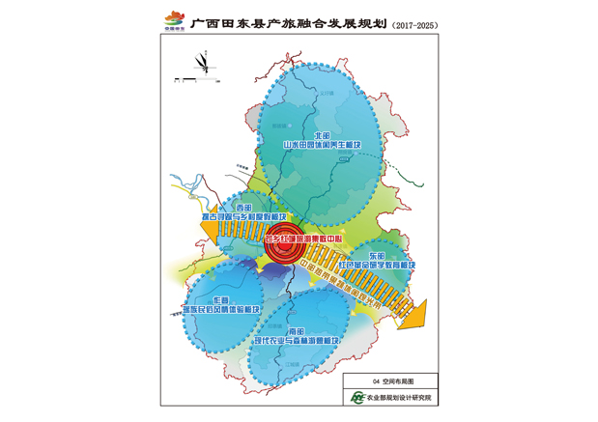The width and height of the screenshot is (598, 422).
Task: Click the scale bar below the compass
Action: tap(183, 76)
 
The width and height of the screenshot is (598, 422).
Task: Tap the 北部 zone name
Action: tap(321, 135)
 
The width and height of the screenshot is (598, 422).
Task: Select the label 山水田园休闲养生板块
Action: tap(321, 146)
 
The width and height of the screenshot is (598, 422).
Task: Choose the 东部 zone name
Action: tap(376, 254)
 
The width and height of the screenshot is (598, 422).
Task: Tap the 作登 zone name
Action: tap(221, 299)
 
